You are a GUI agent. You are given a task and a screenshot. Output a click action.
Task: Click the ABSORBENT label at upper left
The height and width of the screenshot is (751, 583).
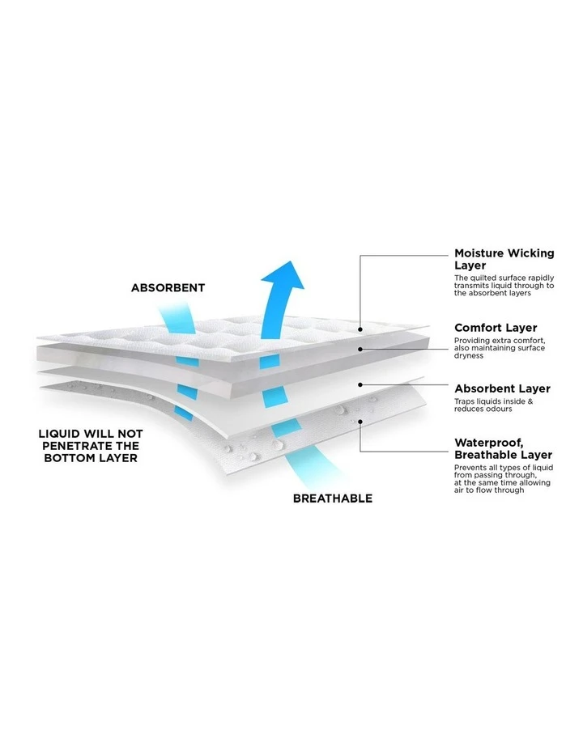pos(168,288)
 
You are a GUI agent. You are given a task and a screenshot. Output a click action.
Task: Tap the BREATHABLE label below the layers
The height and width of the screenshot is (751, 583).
pos(333,499)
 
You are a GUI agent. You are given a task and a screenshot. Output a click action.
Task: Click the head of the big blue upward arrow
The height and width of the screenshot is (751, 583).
pos(284,276)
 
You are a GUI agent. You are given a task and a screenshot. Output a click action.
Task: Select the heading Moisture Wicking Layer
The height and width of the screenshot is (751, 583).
pos(504,259)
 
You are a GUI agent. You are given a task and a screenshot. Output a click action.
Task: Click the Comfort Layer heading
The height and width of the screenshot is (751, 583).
pos(496,328)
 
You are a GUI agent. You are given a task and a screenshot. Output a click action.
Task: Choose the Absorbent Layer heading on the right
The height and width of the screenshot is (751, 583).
pos(502,388)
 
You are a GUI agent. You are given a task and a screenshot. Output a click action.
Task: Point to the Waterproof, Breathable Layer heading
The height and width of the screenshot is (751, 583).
pos(503,448)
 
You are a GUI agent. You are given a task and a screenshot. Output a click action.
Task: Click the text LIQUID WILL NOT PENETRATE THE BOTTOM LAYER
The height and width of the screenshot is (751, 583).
pos(91,446)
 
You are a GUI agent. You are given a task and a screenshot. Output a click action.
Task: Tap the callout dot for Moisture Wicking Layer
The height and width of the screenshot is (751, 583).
pos(360,329)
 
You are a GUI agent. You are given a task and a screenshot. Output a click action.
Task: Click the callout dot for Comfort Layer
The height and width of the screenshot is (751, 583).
pos(360,349)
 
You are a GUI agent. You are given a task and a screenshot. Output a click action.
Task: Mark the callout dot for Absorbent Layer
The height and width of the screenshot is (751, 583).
pos(360,384)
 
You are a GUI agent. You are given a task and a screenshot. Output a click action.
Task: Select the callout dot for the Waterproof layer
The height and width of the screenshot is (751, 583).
pos(360,422)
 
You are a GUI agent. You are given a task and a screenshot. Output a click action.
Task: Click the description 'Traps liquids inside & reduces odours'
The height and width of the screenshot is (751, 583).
pos(493,405)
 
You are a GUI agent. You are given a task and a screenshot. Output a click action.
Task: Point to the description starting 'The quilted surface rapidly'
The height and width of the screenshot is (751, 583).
pos(504,286)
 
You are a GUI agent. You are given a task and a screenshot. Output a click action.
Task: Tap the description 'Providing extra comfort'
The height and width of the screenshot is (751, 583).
pos(500,348)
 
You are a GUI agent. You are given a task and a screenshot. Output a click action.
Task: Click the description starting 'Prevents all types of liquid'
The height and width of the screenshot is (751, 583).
pos(504,479)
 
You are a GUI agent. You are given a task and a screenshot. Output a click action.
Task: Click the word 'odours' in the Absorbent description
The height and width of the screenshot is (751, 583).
pos(498,409)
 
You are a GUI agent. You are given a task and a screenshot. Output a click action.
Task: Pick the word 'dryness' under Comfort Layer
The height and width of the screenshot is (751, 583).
pos(469,356)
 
